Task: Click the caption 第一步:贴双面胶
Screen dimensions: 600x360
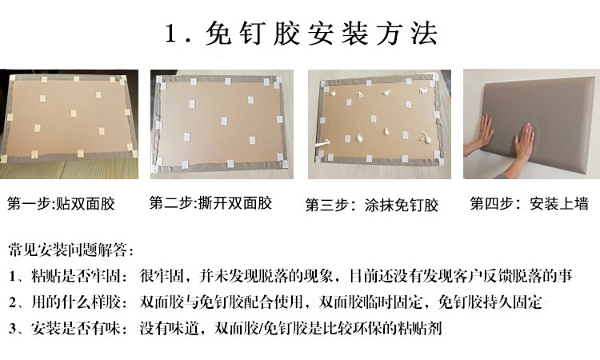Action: pos(62,203)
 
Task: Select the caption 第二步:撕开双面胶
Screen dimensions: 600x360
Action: pos(210,202)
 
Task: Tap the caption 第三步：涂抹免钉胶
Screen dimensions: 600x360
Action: pos(372,205)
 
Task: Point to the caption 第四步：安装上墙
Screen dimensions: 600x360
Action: pos(529,203)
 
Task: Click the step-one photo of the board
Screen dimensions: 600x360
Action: pos(70,124)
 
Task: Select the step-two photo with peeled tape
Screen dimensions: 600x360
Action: pos(222,124)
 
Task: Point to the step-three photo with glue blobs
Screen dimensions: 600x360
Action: pos(379,124)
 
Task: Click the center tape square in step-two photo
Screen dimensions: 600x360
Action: pos(224,122)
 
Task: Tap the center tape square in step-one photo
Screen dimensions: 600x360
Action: pos(73,114)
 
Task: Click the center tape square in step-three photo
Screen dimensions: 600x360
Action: pos(374,119)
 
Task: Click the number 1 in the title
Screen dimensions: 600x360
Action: pos(170,34)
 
